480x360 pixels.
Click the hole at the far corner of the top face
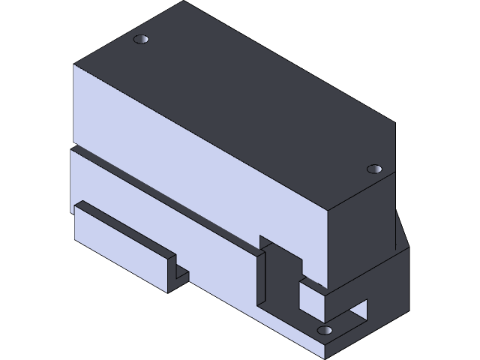coord(141,38)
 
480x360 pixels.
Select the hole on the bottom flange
coord(325,330)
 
